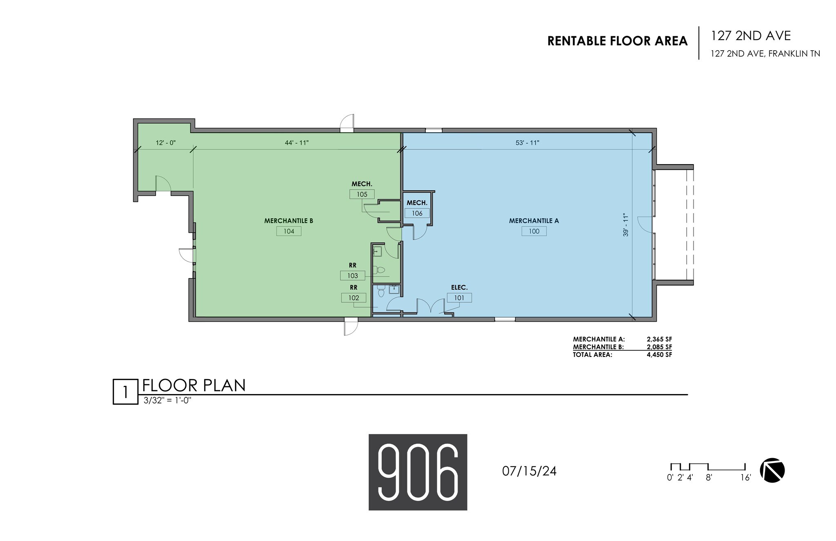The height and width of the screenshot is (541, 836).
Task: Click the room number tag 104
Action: (289, 231)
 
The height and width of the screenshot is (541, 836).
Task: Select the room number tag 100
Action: (534, 231)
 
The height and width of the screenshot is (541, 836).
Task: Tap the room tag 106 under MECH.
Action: (417, 213)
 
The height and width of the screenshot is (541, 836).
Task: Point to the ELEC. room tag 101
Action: (459, 298)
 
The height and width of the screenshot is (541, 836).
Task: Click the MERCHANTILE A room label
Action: (534, 221)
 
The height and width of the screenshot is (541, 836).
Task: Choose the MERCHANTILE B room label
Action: (289, 221)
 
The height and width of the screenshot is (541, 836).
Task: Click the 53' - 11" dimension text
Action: (527, 143)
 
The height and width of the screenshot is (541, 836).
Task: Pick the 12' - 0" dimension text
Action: (166, 143)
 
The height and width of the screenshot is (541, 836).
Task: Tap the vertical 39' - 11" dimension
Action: (625, 225)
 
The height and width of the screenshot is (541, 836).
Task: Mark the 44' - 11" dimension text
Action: (297, 143)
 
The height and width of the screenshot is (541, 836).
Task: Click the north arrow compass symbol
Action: (772, 471)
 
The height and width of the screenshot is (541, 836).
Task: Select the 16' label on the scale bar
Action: (745, 477)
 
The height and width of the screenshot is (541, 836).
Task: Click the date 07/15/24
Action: (529, 471)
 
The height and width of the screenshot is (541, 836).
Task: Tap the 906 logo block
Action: (418, 472)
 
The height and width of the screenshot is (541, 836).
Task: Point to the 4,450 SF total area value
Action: (659, 355)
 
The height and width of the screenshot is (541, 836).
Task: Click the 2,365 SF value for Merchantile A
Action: (659, 339)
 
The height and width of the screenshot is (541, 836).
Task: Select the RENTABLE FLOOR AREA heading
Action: (618, 41)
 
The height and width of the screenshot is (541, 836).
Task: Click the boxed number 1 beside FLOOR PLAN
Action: (125, 392)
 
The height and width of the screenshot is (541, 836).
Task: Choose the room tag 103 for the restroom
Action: (353, 276)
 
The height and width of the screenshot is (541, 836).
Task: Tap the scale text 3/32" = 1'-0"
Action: (168, 401)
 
